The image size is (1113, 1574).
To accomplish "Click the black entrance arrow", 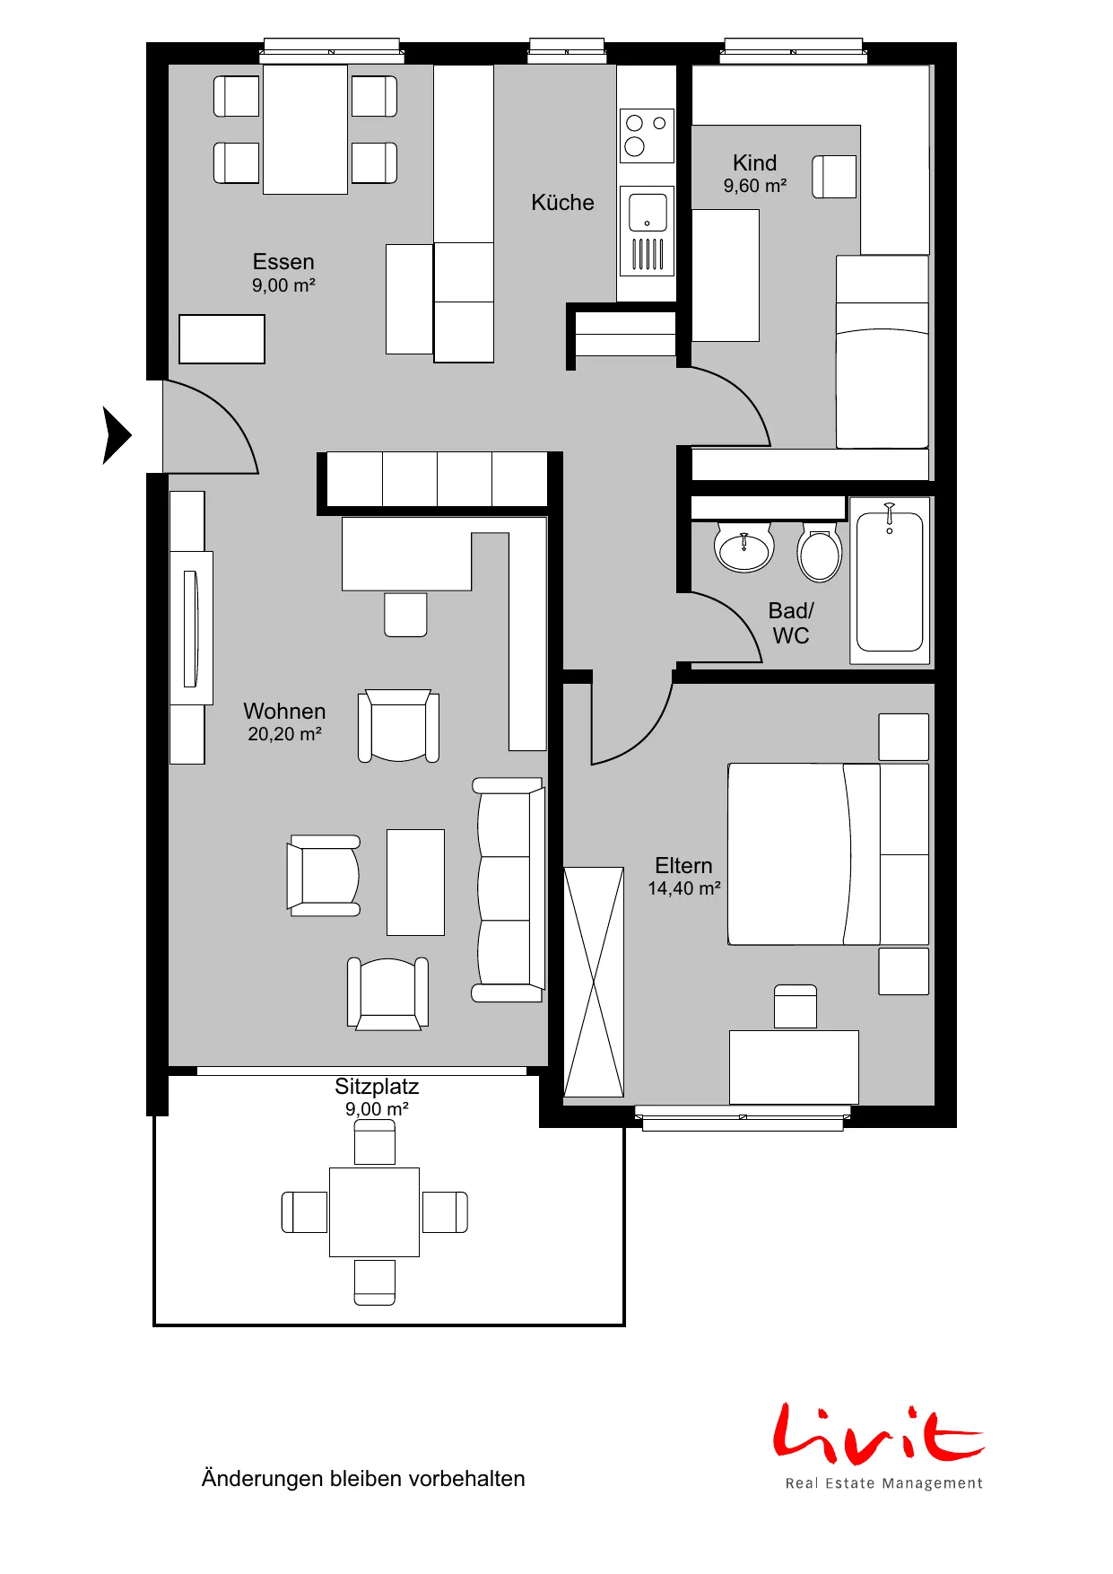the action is pyautogui.click(x=116, y=435).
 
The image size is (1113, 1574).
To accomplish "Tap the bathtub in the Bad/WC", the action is pyautogui.click(x=890, y=582).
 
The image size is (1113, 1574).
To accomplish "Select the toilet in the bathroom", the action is pyautogui.click(x=820, y=551).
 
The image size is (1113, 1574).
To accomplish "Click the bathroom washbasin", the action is pyautogui.click(x=743, y=547).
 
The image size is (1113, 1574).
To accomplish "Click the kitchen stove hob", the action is pyautogui.click(x=647, y=136).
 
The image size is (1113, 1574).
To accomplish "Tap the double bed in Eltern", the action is pyautogui.click(x=828, y=854).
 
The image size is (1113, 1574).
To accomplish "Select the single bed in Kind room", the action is pyautogui.click(x=883, y=352).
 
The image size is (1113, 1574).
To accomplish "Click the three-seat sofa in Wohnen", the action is pyautogui.click(x=509, y=889).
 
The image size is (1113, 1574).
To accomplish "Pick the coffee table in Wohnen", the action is pyautogui.click(x=415, y=882).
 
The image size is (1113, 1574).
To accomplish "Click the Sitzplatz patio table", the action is pyautogui.click(x=374, y=1211).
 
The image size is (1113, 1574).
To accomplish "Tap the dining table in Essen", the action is pyautogui.click(x=305, y=129).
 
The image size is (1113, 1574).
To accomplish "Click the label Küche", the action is pyautogui.click(x=562, y=203).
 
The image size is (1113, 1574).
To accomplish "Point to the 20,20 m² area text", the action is pyautogui.click(x=284, y=734).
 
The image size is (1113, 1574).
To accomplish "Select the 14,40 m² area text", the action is pyautogui.click(x=684, y=888).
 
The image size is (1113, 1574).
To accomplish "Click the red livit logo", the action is pyautogui.click(x=879, y=1433).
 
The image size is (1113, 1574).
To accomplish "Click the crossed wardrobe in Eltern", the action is pyautogui.click(x=594, y=982).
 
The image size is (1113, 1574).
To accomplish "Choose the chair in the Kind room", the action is pyautogui.click(x=834, y=177).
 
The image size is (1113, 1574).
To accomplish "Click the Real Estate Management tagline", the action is pyautogui.click(x=884, y=1483).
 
